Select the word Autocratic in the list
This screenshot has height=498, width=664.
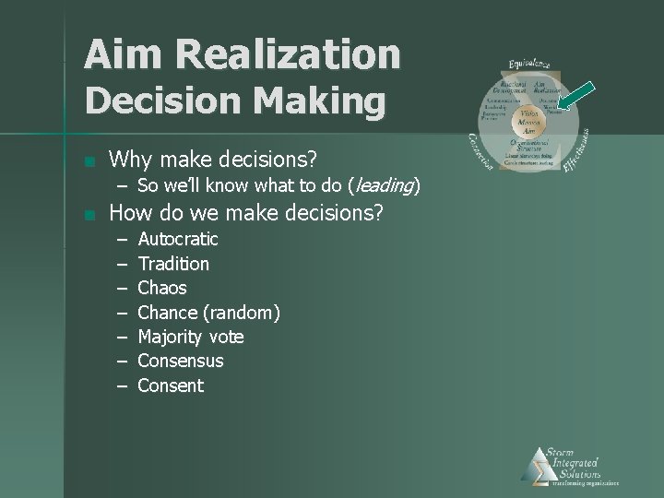point(177,239)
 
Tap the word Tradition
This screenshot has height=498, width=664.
point(172,264)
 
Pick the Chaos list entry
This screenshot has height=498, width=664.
point(161,288)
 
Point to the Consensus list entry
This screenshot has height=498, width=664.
point(180,361)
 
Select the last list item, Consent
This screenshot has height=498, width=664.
point(170,385)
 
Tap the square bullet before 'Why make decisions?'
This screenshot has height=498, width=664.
point(87,161)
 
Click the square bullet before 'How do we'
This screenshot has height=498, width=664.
point(87,216)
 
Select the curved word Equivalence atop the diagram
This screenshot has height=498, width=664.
point(529,64)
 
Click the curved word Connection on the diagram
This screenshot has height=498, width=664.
point(480,151)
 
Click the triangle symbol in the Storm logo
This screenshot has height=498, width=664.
point(535,466)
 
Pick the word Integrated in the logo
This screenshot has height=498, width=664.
point(573,462)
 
